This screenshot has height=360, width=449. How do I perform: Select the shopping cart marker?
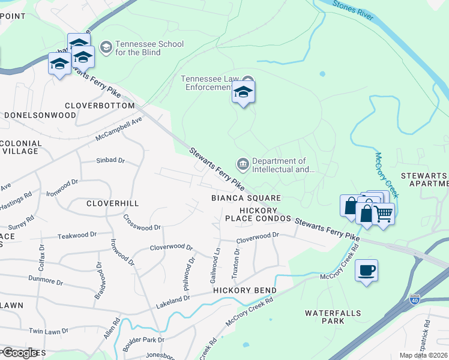(x=384, y=214)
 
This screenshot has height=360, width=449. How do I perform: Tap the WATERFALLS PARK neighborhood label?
(x=325, y=317)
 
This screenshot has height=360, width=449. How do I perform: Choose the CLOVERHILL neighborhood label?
(x=113, y=203)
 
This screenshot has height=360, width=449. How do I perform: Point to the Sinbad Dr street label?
(x=110, y=161)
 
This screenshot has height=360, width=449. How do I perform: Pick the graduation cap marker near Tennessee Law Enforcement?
(x=243, y=92)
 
